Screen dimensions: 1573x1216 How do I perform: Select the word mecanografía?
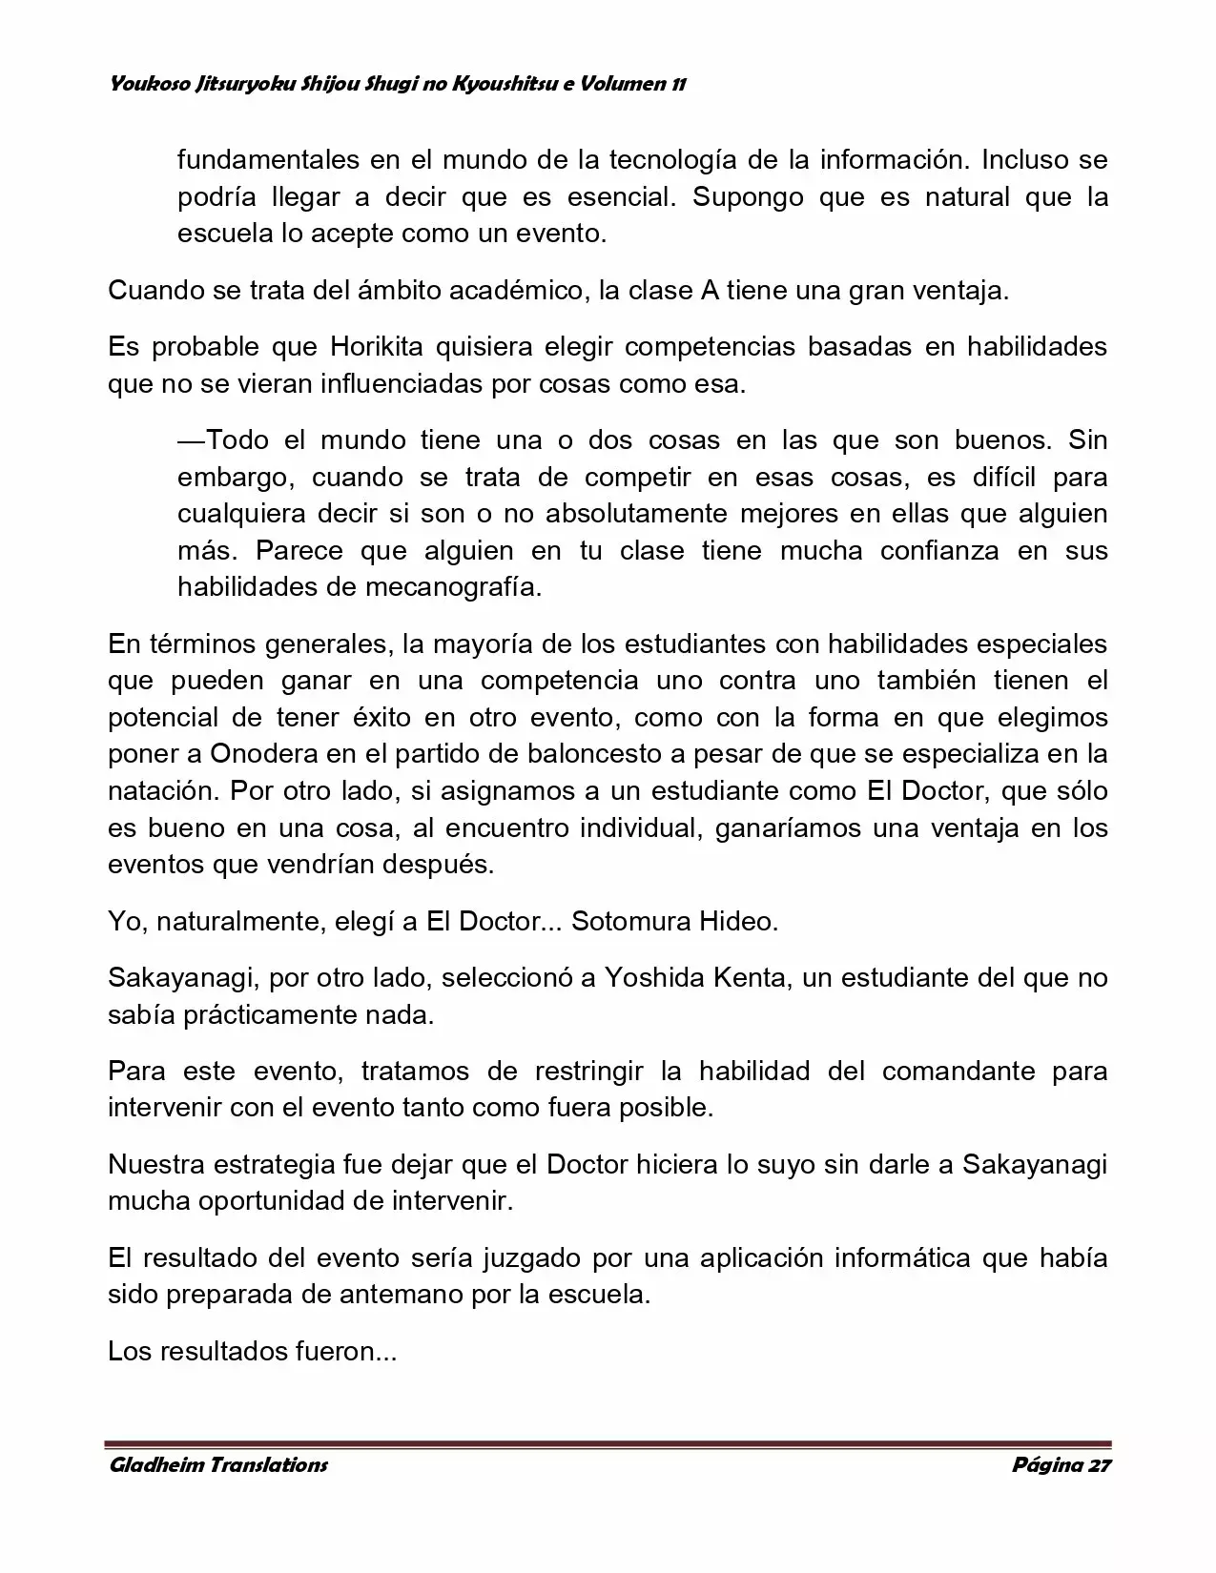click(x=453, y=587)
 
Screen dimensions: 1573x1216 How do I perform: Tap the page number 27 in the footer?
click(x=1098, y=1465)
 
